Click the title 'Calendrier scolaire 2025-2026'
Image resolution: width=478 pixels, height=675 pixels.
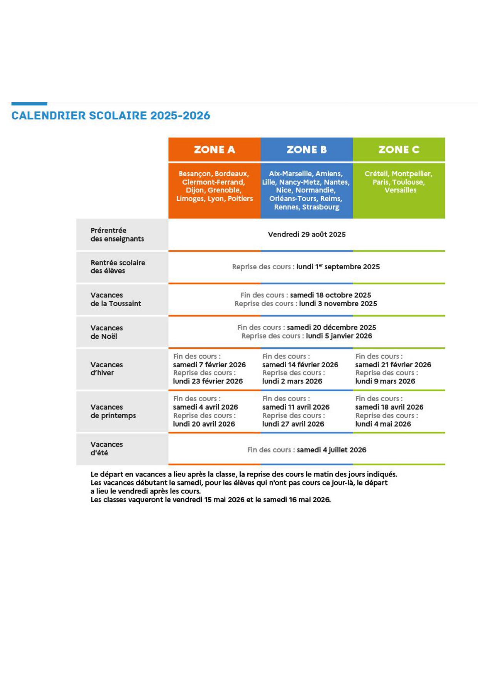(111, 115)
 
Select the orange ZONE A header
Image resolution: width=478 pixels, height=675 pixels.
(214, 149)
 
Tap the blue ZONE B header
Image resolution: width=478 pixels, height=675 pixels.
(307, 149)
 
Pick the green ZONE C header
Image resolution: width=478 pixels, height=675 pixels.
(399, 149)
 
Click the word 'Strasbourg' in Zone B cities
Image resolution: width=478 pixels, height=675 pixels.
(320, 207)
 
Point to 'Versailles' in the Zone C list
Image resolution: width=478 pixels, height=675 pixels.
(400, 190)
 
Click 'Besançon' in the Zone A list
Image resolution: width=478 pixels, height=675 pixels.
(195, 173)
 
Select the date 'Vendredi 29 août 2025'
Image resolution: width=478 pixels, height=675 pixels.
(307, 234)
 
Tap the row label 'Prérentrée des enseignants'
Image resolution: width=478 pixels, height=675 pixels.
(117, 235)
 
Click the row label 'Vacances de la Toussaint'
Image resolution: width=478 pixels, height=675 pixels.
(116, 299)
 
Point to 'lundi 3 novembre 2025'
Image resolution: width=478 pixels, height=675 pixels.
(338, 303)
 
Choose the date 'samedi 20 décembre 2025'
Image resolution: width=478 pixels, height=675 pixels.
(331, 327)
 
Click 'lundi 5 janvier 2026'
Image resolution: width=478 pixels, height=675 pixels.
(339, 336)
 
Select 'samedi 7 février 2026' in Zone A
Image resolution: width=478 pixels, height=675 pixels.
(209, 365)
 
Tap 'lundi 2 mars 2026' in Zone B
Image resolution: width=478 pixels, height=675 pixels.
(292, 381)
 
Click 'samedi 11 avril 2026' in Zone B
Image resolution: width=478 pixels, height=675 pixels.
(295, 407)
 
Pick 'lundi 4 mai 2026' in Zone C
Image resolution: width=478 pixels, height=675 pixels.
(383, 424)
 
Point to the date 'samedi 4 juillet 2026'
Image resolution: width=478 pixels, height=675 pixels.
(331, 450)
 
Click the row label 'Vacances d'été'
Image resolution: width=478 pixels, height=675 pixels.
(106, 448)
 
